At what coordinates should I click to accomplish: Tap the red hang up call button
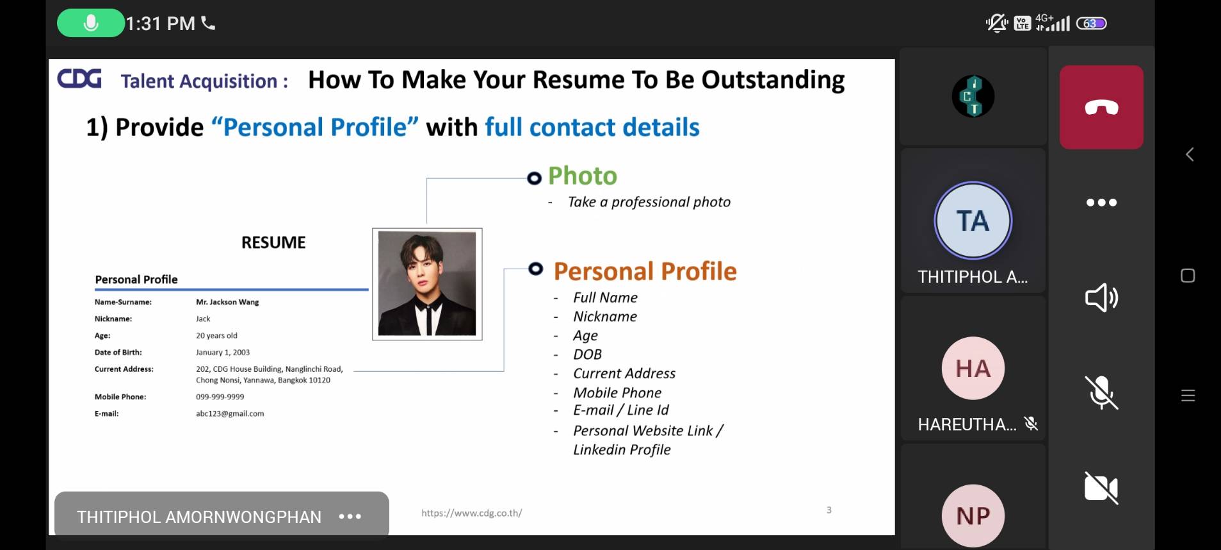[x=1101, y=107]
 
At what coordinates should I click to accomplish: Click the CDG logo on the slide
[x=79, y=79]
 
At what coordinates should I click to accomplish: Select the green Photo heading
[x=583, y=176]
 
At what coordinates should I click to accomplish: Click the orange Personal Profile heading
[x=645, y=271]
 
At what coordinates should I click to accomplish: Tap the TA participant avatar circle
[x=973, y=221]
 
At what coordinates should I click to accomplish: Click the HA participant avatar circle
[x=973, y=368]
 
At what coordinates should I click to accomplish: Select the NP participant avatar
[x=973, y=515]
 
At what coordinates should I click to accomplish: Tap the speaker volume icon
[x=1101, y=297]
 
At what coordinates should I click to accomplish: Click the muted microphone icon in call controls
[x=1101, y=392]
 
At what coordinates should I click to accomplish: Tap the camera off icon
[x=1101, y=488]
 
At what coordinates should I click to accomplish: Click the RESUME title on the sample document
[x=273, y=242]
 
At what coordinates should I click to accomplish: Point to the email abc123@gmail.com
[x=230, y=413]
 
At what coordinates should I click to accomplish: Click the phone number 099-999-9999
[x=220, y=397]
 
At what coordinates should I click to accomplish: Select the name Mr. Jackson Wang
[x=227, y=302]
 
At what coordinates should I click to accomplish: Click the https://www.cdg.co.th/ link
[x=471, y=513]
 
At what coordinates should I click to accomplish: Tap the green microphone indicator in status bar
[x=91, y=23]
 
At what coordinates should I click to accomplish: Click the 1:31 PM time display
[x=160, y=24]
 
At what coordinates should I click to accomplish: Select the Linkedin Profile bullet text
[x=622, y=450]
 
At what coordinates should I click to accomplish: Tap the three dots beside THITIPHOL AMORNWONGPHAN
[x=350, y=516]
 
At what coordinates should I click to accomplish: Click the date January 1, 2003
[x=223, y=353]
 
